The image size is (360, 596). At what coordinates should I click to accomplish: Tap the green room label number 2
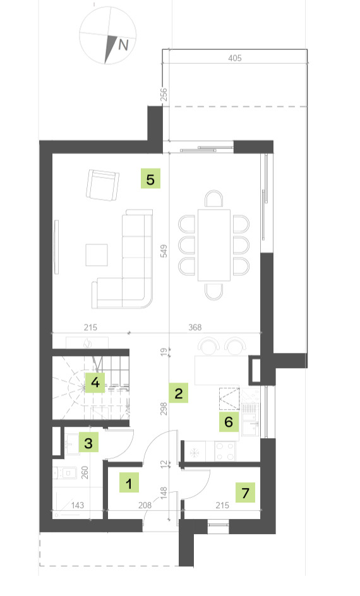[179, 393]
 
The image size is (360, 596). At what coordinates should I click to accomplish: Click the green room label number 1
[129, 483]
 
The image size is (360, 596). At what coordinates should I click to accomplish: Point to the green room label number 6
[229, 422]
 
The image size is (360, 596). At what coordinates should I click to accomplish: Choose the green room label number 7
[245, 492]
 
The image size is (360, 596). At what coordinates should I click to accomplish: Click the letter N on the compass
[123, 45]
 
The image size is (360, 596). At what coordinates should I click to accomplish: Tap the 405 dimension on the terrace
[235, 58]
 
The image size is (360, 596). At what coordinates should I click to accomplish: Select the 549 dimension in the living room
[164, 251]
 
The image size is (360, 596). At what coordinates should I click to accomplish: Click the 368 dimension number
[195, 327]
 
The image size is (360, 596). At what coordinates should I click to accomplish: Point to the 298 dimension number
[164, 408]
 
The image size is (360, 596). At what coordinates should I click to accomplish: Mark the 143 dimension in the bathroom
[78, 505]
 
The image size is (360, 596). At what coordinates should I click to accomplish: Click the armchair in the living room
[102, 185]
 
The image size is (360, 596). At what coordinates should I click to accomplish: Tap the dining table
[214, 245]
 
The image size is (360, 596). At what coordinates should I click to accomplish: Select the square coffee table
[97, 255]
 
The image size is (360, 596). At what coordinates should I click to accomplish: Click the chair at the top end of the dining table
[214, 199]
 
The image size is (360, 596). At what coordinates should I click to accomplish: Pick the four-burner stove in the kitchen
[225, 451]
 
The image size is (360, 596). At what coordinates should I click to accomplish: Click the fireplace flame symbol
[88, 343]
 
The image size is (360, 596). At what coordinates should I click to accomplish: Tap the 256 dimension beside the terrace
[164, 95]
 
